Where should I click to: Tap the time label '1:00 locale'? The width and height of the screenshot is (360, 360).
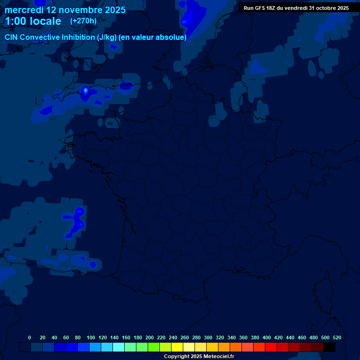click(x=33, y=21)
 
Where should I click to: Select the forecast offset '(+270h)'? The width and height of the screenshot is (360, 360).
click(x=83, y=21)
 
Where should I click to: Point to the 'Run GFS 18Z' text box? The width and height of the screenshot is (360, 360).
click(x=296, y=7)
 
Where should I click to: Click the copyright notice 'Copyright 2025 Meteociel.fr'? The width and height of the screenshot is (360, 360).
click(x=199, y=356)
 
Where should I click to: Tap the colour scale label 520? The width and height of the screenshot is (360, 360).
click(x=337, y=337)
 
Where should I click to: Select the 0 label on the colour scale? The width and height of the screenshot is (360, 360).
click(x=30, y=337)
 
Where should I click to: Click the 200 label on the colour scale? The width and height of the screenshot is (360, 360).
click(x=150, y=337)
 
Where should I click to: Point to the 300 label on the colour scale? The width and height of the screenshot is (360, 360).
click(x=208, y=337)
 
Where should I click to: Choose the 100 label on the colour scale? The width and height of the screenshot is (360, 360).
click(x=91, y=337)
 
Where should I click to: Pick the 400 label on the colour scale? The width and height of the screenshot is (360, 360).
click(x=267, y=337)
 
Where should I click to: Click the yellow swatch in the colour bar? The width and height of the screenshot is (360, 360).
click(x=177, y=347)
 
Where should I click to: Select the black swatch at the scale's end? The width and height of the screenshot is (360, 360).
click(x=330, y=347)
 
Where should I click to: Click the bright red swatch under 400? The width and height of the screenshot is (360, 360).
click(x=271, y=347)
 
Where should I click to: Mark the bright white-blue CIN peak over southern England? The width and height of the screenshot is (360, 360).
click(x=85, y=90)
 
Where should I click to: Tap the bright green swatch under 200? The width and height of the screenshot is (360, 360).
click(x=154, y=347)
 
